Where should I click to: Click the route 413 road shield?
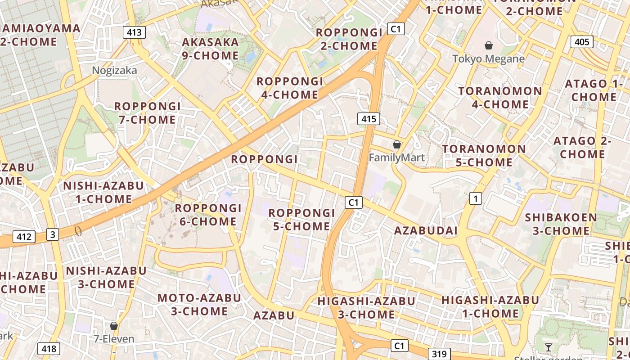(x=134, y=32)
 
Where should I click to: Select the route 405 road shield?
(x=582, y=42)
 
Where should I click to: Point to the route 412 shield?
(x=24, y=236)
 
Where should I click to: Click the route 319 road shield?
(x=439, y=354)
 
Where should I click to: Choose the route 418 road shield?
(x=49, y=348)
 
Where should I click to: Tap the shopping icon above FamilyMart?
(x=397, y=144)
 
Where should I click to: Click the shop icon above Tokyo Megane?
(x=488, y=45)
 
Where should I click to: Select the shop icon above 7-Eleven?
(x=114, y=325)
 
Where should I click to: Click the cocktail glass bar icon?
(x=549, y=347)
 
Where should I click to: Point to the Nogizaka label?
(x=114, y=70)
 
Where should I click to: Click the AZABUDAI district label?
(x=426, y=231)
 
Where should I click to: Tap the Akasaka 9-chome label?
(x=210, y=49)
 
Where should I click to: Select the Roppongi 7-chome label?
(x=147, y=113)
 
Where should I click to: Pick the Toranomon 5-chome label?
(x=484, y=155)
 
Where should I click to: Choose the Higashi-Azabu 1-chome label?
(x=490, y=306)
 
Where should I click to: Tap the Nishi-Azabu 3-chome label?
(x=106, y=277)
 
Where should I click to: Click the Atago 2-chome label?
(x=582, y=147)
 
